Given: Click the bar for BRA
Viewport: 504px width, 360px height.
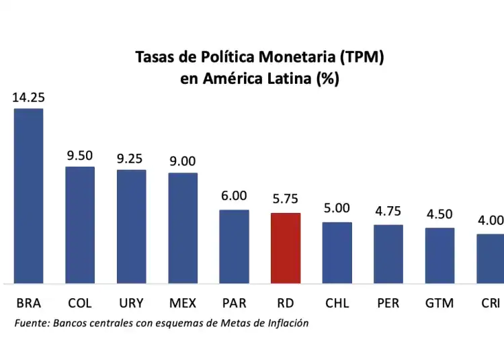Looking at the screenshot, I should tap(28, 195).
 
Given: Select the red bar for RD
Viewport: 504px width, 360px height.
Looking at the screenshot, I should tap(286, 248).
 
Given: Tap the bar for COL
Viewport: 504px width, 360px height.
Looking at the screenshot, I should tap(80, 224).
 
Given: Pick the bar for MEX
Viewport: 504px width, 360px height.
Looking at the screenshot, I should tap(183, 228).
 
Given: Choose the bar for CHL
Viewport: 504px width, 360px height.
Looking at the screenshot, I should tap(337, 252).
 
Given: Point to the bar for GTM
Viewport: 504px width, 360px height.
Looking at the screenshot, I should tap(439, 255).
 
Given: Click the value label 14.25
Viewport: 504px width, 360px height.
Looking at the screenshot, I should tap(28, 97).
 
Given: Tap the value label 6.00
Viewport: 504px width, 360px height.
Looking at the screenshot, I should tap(234, 196).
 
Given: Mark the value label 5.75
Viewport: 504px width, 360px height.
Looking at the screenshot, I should tap(286, 199).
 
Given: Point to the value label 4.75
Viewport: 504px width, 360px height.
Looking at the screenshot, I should tap(388, 211).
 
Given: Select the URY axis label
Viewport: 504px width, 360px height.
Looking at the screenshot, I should tap(131, 303).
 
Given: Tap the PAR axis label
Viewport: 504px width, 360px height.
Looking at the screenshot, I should tap(234, 303).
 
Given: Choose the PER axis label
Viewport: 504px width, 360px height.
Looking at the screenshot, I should tap(388, 303).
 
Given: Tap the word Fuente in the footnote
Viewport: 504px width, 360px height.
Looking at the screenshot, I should tap(31, 323).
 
